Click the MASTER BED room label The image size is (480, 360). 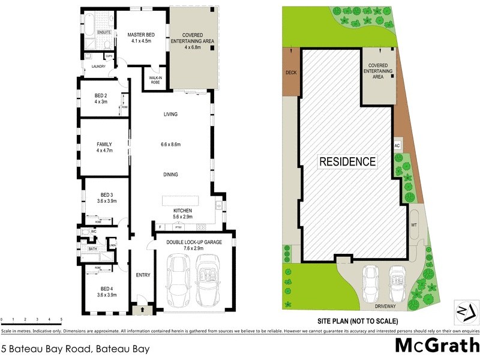pyautogui.click(x=142, y=35)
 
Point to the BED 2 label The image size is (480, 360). pyautogui.click(x=101, y=96)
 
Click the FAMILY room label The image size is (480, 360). pyautogui.click(x=104, y=144)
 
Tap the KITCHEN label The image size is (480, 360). pyautogui.click(x=182, y=210)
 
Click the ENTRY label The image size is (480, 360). pyautogui.click(x=143, y=275)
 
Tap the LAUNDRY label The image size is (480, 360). pyautogui.click(x=98, y=67)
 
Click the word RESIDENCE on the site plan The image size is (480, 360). pyautogui.click(x=347, y=161)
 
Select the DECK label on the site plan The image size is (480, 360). pyautogui.click(x=291, y=73)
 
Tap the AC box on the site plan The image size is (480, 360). pyautogui.click(x=397, y=145)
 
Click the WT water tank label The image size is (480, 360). pyautogui.click(x=414, y=225)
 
